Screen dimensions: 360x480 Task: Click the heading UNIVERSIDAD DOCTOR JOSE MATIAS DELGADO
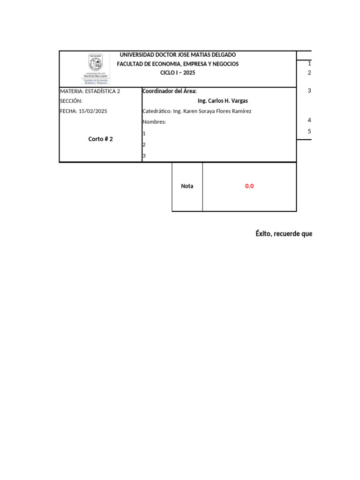tap(178, 55)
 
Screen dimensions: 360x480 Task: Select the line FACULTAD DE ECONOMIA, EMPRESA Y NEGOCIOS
tap(178, 64)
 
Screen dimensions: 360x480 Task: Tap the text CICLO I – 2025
tap(178, 73)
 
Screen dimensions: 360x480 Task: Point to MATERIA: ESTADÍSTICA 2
tap(90, 91)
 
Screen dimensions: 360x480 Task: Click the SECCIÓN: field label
tap(71, 101)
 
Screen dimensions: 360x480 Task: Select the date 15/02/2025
tap(93, 111)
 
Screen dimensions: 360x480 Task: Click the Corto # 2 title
tap(100, 139)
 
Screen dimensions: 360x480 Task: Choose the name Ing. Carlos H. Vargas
tap(223, 101)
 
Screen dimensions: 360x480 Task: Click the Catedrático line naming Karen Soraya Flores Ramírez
tap(196, 111)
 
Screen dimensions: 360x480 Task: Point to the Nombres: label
tap(154, 122)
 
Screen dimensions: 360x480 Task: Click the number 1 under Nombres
tap(144, 134)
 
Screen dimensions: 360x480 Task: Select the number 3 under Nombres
tap(144, 156)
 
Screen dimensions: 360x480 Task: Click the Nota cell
tap(187, 186)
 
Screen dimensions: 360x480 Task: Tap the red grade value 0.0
tap(249, 186)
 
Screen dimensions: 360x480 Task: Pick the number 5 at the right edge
tap(309, 131)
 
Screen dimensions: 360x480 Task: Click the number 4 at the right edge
tap(309, 120)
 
